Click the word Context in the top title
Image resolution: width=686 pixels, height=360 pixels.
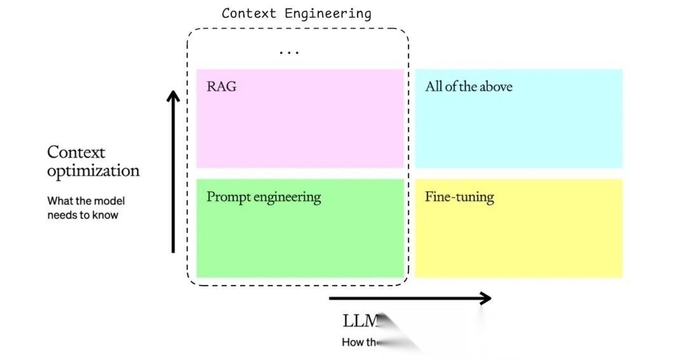coord(248,13)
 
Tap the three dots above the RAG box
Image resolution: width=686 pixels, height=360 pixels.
coord(289,52)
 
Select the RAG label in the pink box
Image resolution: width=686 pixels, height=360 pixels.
coord(221,86)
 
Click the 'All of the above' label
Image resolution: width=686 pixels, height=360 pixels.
coord(469,86)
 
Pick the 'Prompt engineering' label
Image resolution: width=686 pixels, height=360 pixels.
coord(264,197)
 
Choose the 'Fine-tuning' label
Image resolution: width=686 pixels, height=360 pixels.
coord(459,197)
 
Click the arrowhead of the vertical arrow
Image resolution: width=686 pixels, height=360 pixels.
coord(173,97)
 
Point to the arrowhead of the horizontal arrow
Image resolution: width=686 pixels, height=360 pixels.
coord(485,298)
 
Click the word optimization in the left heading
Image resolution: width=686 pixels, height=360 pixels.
coord(93,171)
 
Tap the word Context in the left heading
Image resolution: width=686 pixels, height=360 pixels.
coord(76,152)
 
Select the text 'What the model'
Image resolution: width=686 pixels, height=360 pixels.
coord(86,201)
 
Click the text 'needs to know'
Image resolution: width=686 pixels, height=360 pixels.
coord(83,215)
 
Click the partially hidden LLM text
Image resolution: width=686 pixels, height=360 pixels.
coord(361,320)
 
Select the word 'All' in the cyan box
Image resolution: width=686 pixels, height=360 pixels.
coord(434,86)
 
